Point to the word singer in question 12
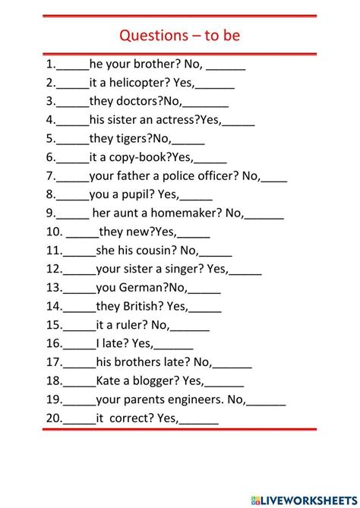186,269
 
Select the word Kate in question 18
109,380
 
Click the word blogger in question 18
147,380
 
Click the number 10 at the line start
53,232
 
